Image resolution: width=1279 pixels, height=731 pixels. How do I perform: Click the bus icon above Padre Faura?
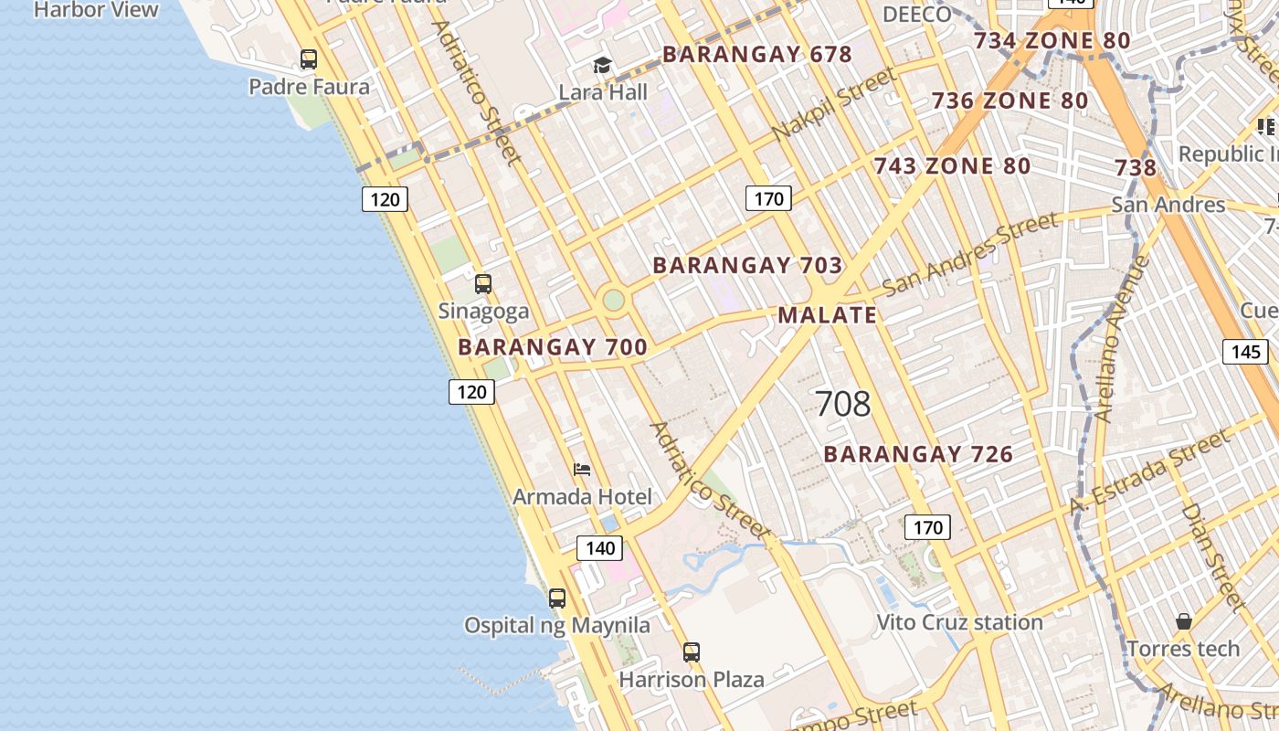309,59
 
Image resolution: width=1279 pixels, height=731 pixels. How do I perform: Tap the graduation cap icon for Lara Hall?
602,65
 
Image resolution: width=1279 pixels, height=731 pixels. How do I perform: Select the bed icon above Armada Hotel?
582,470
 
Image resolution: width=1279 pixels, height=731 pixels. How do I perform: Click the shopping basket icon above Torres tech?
1184,621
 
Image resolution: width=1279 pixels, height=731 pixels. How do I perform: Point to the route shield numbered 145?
1245,352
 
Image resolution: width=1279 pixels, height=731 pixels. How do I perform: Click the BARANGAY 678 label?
756,55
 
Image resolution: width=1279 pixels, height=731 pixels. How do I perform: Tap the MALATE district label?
827,315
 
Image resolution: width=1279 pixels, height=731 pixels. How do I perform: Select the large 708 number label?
842,403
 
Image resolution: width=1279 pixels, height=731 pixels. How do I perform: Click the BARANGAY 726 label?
918,454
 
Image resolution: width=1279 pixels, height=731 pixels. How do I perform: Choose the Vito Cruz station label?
959,622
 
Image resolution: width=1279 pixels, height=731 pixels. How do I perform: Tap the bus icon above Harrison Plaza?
692,652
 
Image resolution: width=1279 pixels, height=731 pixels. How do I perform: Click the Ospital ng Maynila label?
557,626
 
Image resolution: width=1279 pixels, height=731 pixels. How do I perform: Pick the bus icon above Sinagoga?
483,283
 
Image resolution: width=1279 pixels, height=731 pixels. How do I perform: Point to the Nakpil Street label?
833,104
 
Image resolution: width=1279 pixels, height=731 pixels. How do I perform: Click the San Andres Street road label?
970,253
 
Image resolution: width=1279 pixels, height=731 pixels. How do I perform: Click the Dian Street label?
1212,556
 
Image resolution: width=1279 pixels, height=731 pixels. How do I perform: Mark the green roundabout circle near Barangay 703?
614,300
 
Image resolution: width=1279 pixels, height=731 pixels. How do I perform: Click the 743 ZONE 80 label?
952,166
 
